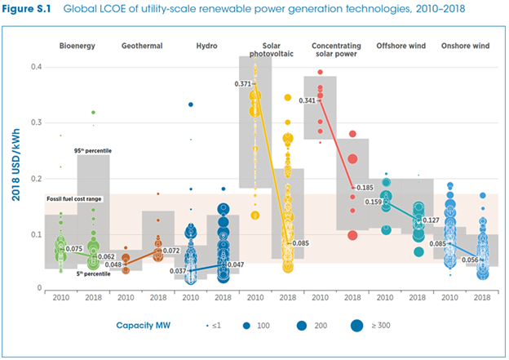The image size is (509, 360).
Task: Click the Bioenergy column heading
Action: tap(77, 46)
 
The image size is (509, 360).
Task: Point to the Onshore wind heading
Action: tap(466, 46)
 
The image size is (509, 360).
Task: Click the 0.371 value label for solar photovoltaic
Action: tap(242, 84)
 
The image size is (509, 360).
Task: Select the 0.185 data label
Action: tap(365, 188)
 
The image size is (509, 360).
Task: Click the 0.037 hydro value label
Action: tap(179, 270)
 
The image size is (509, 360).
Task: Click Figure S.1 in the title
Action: tap(30, 9)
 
